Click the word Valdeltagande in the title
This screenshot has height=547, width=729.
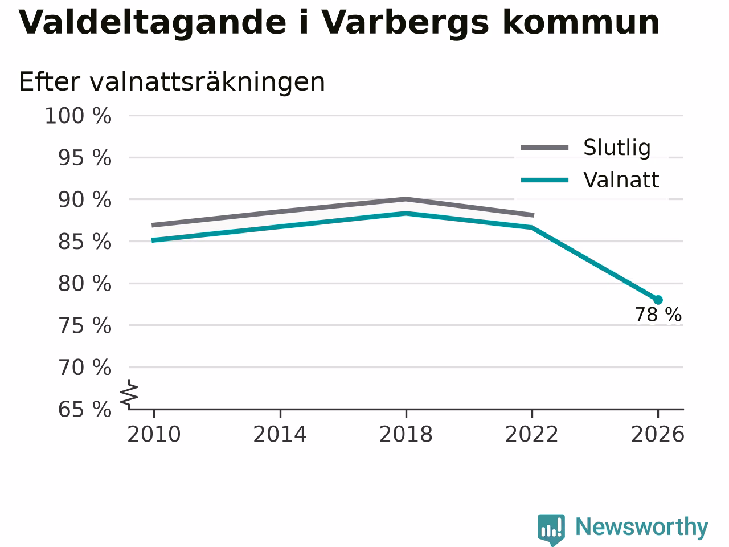coord(152,23)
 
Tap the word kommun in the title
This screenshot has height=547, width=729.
coord(581,22)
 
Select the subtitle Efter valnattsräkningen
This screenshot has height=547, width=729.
coord(171,82)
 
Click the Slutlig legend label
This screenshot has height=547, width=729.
coord(617,148)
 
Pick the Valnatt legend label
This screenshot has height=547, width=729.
coord(621,180)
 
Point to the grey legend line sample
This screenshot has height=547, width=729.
coord(544,148)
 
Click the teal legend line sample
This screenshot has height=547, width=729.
coord(544,181)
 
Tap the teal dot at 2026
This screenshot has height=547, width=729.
coord(658,300)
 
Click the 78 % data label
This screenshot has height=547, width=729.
coord(658,315)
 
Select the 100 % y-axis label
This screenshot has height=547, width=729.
coord(78,116)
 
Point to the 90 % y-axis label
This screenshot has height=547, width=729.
coord(85,200)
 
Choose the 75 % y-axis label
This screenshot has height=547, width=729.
coord(85,325)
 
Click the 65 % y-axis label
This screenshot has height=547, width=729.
coord(85,410)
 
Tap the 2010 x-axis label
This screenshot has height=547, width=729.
coord(154,435)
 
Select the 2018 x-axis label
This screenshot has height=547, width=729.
coord(406,435)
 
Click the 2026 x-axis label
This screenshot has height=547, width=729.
coord(658,435)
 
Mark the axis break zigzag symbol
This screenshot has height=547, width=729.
coord(129,394)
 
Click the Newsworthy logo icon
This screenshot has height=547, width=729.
coord(551,529)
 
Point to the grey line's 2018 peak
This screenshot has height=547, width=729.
coord(406,199)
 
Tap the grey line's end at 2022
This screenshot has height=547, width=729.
coord(533,215)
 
